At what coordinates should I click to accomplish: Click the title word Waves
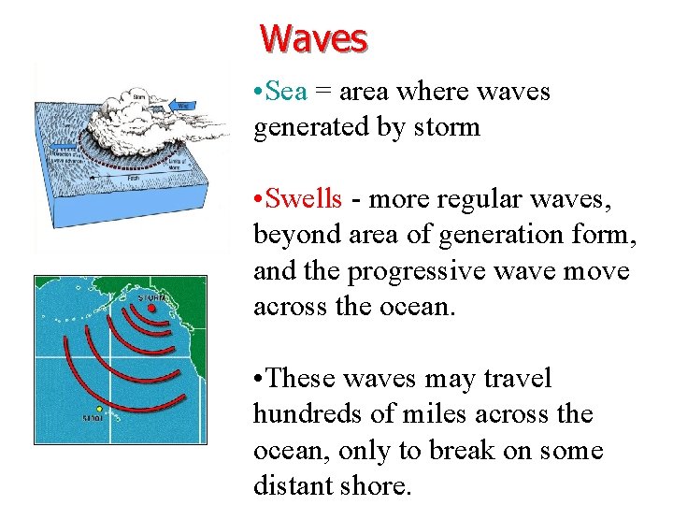[x=314, y=38]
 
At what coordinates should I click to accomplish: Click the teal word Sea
[x=286, y=92]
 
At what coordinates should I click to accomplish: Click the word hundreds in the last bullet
[x=308, y=414]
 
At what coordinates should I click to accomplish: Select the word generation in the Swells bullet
[x=512, y=236]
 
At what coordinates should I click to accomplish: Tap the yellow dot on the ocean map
[x=100, y=410]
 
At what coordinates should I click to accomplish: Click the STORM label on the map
[x=154, y=297]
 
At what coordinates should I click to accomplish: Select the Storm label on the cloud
[x=138, y=94]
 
